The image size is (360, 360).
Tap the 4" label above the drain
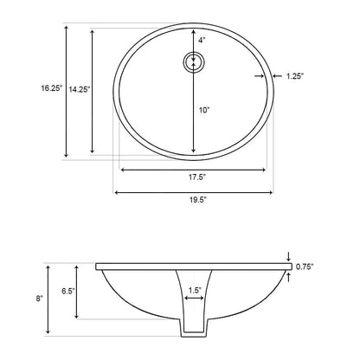pos(201,40)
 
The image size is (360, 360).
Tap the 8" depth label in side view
pos(39,298)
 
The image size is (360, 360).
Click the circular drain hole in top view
pos(194,62)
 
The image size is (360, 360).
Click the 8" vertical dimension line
pos(50,298)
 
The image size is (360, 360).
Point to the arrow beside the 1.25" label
pos(261,77)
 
